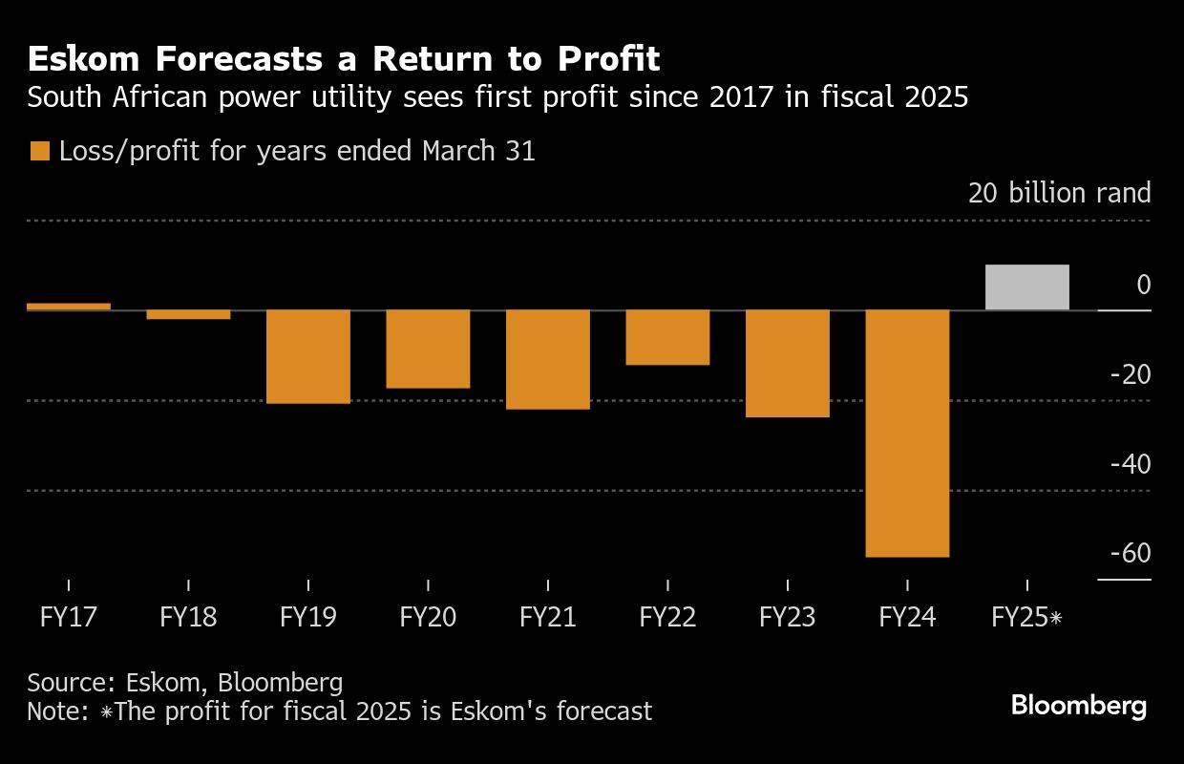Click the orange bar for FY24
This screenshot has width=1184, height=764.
click(907, 433)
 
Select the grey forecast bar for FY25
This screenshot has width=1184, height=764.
click(1026, 287)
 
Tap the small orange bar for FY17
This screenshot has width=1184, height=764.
click(69, 307)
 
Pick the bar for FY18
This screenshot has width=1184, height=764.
click(188, 314)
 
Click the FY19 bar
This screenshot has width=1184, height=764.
click(307, 356)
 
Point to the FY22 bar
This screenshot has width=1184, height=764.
click(667, 337)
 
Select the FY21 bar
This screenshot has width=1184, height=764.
click(548, 359)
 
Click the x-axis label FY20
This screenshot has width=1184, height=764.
click(428, 617)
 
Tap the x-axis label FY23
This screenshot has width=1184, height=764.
click(787, 617)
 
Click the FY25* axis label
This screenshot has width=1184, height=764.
click(1026, 617)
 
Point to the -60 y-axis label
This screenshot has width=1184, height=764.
click(1130, 554)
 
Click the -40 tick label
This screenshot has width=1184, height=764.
click(1130, 464)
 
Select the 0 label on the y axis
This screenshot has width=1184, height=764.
click(1143, 285)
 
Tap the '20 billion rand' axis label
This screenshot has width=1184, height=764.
click(1059, 194)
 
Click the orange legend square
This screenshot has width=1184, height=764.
click(40, 152)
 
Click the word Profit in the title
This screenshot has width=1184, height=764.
click(609, 59)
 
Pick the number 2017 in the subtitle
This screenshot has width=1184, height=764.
click(676, 98)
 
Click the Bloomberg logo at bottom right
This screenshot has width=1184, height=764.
click(1078, 707)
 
